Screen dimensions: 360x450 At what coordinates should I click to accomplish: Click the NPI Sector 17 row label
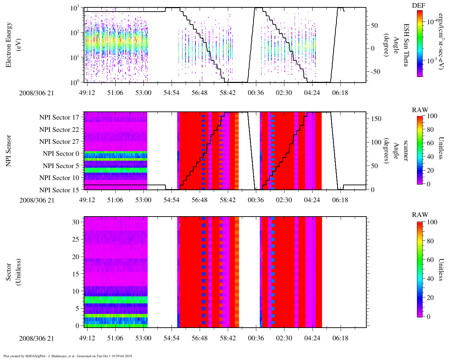(59, 117)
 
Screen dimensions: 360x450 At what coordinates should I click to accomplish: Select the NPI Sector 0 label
(61, 154)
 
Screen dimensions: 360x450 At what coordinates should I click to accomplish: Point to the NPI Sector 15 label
(59, 190)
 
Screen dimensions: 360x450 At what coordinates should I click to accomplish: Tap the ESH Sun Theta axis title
(406, 45)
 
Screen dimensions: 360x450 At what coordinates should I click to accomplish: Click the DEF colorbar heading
(418, 6)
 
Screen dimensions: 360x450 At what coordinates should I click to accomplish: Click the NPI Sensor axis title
(9, 150)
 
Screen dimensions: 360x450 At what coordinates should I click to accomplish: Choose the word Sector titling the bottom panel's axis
(9, 272)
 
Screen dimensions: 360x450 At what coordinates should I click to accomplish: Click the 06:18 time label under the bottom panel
(340, 338)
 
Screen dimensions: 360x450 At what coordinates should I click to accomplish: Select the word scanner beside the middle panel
(406, 150)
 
